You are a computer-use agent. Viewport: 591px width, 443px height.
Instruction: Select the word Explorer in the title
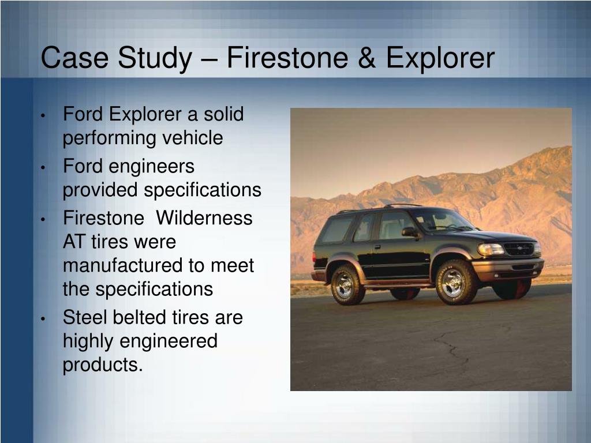(440, 59)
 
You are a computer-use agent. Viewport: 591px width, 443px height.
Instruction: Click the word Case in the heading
(68, 59)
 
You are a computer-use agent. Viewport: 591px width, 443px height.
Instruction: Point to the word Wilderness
(204, 219)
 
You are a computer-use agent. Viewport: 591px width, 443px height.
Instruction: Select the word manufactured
(122, 265)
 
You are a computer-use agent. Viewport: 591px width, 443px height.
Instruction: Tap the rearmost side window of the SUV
(337, 229)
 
